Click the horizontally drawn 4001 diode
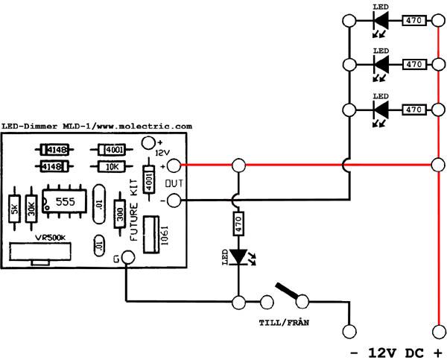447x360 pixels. pos(113,149)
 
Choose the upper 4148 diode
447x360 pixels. pos(51,149)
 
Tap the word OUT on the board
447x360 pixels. pos(174,183)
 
